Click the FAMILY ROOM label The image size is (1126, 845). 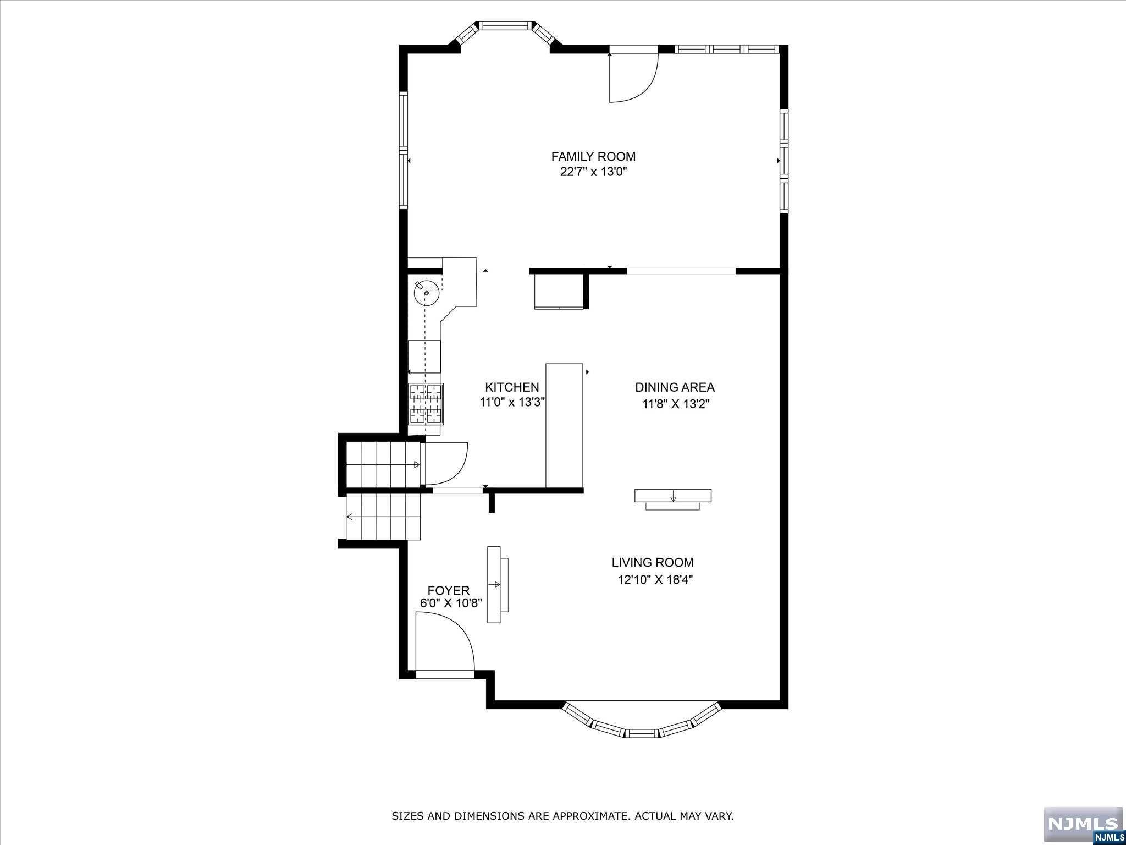(x=593, y=156)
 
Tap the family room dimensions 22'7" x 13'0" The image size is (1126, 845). (x=593, y=172)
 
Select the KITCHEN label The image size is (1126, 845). (x=512, y=387)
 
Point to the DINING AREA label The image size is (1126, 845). (x=675, y=387)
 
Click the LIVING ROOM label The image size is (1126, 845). (x=653, y=562)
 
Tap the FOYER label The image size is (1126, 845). (x=449, y=590)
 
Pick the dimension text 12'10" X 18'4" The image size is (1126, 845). (x=655, y=579)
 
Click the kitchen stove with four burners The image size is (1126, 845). (x=426, y=403)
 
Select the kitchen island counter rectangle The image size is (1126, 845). (x=564, y=425)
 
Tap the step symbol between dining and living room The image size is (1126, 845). (x=673, y=499)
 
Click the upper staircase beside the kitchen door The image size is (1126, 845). (x=383, y=465)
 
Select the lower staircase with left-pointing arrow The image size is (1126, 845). (x=383, y=517)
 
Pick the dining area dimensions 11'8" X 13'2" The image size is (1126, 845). (x=676, y=404)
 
